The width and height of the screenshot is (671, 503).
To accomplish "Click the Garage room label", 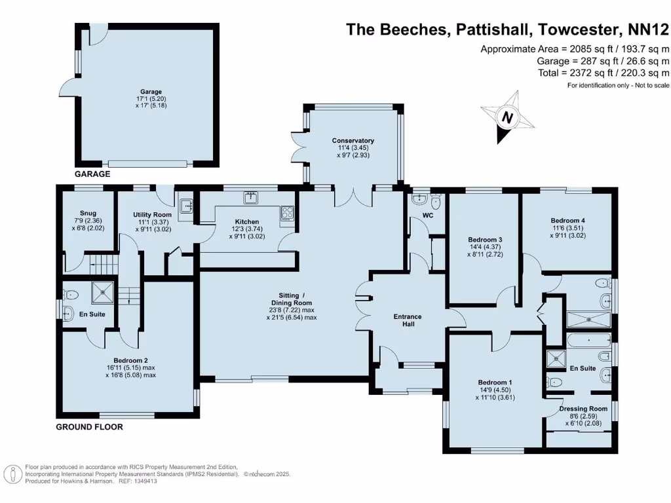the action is pos(151,92).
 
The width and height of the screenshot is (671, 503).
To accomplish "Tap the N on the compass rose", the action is pos(507,117).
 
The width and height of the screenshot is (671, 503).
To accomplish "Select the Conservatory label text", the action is pos(353,140).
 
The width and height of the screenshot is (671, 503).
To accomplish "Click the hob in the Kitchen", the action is pos(287,213).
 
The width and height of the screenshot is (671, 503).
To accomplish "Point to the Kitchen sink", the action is pos(251,197).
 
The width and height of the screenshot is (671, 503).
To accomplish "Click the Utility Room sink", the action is pos(187,206).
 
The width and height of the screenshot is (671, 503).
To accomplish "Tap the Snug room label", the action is pos(88,213).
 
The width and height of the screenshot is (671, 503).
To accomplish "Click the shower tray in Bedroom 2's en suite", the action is pos(103,293).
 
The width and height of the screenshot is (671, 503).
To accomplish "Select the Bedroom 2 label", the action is pos(130,361).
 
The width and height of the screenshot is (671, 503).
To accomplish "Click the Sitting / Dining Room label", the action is pos(292,299).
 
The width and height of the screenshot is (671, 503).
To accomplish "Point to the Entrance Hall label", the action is pos(408,320).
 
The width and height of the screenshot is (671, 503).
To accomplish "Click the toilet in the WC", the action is pos(436,200).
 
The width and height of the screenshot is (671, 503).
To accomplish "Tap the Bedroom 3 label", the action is pos(485,240).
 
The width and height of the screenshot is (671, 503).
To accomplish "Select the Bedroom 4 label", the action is pos(568,221).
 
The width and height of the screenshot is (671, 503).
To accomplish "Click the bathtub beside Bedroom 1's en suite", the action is pos(589,341).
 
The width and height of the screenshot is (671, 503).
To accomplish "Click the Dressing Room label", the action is pos(583,409).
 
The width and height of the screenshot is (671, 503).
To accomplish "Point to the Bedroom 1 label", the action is pos(495,382).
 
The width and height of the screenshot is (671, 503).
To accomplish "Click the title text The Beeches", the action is pos(398,29).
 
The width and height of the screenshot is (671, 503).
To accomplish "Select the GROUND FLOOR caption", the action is pos(89,427).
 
